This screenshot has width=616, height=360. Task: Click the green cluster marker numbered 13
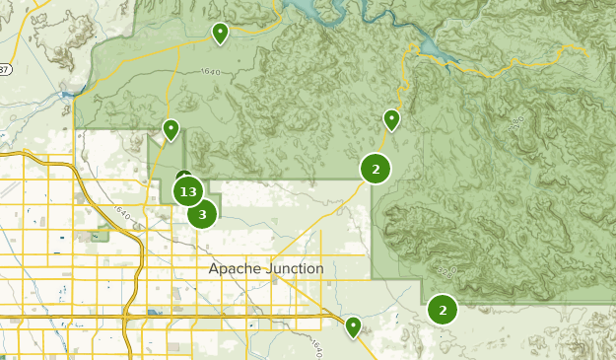point(188,191)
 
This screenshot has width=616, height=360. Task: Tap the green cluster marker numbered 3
point(202,213)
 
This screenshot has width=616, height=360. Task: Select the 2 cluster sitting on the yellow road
point(376,169)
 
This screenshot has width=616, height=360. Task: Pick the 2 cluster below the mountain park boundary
point(443,311)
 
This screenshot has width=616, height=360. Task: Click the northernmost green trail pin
point(221,34)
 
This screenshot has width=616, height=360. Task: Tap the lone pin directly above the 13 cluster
point(171,128)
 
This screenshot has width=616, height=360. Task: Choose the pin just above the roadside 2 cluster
point(391,119)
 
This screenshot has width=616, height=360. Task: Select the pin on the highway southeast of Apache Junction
point(353,325)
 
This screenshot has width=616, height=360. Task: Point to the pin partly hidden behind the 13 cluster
point(182,177)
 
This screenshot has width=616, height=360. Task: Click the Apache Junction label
point(266,268)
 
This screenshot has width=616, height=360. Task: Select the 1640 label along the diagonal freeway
point(123,212)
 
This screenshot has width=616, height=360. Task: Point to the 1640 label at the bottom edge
point(315,350)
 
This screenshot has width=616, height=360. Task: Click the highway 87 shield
point(4,69)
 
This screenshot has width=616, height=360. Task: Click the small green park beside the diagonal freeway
point(101,235)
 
